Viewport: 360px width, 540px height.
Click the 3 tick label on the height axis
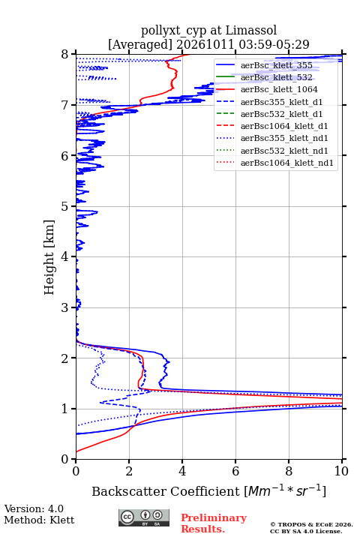tap(65, 307)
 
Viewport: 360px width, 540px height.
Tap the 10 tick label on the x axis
tap(341, 471)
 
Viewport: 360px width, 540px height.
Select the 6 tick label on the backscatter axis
tap(235, 471)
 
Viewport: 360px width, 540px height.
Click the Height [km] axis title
tap(49, 257)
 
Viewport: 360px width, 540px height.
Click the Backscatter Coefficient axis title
tap(208, 491)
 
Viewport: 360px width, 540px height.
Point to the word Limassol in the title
tap(250, 30)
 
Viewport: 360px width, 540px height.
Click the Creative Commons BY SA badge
tap(144, 517)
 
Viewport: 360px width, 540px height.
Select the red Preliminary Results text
tap(214, 523)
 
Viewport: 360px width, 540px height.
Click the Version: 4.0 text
tap(34, 508)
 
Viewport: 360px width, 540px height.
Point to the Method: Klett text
tap(39, 520)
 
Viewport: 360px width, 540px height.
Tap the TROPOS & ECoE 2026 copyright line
tap(311, 524)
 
